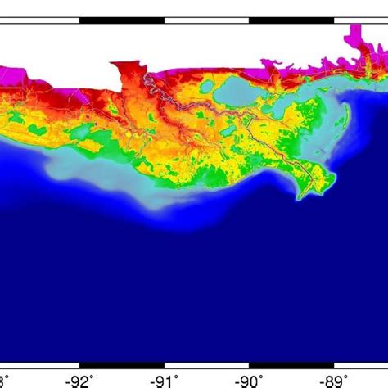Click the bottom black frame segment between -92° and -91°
(122, 364)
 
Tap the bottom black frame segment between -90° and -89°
(291, 364)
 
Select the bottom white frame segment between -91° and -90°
(206, 364)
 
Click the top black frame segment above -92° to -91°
(122, 17)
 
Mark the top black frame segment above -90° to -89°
(291, 17)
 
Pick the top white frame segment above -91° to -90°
(206, 17)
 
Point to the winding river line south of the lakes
(270, 147)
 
